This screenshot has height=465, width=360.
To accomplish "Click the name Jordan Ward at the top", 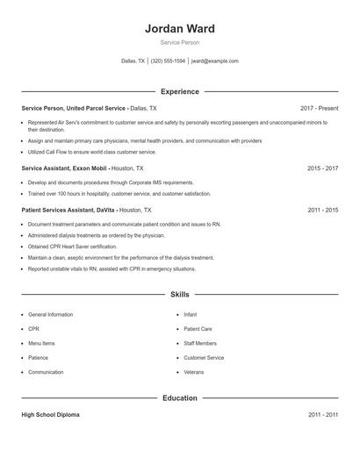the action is (179, 28).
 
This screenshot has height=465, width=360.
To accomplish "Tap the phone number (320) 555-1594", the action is (168, 61).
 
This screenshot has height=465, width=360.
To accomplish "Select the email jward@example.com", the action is (214, 61).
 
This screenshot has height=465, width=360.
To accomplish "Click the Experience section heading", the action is (179, 91).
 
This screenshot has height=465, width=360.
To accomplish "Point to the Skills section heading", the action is (179, 295).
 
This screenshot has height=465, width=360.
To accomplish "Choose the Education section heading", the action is (179, 397).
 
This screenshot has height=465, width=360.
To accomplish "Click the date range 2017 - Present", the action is (319, 108).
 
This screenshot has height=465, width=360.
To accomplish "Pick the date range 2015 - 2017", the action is (322, 168).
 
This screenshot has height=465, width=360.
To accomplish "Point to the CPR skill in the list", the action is (34, 329).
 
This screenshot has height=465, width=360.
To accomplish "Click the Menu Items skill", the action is (41, 343).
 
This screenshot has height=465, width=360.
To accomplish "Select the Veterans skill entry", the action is (193, 372).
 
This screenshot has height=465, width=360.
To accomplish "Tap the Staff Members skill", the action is (199, 343).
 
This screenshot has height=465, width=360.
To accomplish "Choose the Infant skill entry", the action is (191, 314).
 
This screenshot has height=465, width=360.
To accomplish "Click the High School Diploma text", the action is (50, 414).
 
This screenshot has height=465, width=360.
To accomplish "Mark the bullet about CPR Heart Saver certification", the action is (72, 247).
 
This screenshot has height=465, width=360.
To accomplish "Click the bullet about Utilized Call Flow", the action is (79, 152).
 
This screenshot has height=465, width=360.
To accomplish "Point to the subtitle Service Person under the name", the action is (179, 43).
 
